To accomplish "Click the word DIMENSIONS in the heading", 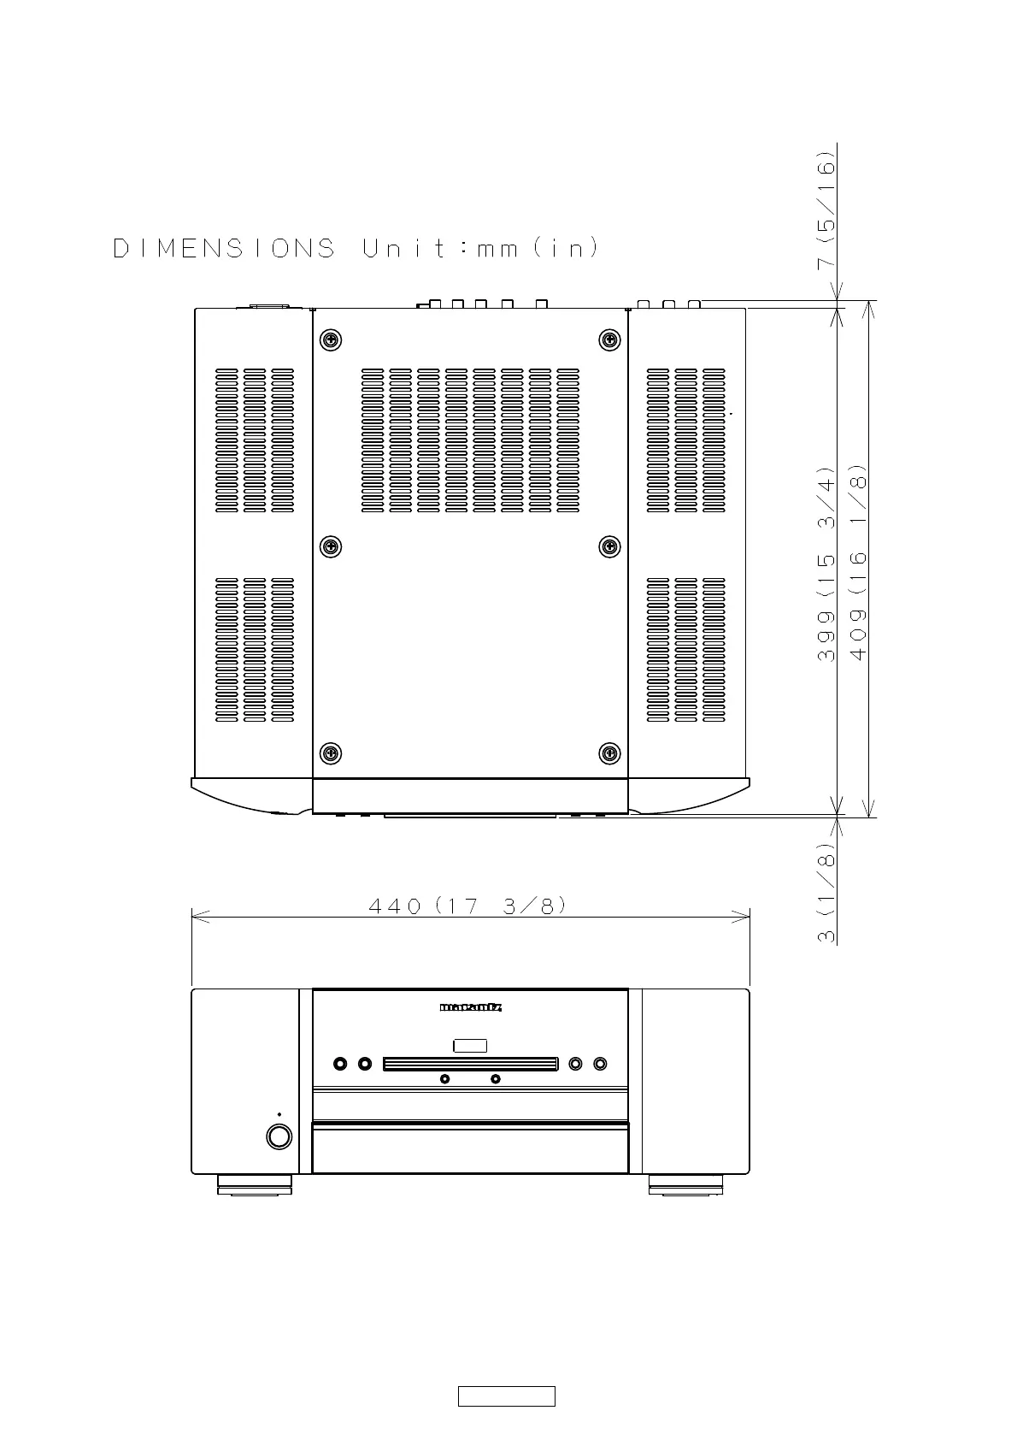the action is click(224, 249).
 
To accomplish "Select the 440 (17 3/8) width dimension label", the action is click(467, 906).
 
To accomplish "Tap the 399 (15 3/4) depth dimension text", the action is click(826, 564).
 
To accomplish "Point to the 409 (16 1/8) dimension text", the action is click(858, 561).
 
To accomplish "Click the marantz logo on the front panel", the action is click(470, 1007).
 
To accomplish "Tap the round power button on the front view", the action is click(279, 1136).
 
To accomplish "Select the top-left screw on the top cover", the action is click(330, 339).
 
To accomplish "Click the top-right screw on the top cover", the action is click(609, 339).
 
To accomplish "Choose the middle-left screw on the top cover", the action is click(330, 546).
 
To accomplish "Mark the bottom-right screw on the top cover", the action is click(609, 753).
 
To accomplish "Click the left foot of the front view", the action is click(255, 1184).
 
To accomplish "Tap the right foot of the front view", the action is click(685, 1184).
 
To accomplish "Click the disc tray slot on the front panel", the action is click(470, 1064).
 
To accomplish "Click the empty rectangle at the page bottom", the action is click(507, 1396).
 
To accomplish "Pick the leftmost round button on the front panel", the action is click(341, 1064).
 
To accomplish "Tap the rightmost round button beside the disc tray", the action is click(600, 1064).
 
